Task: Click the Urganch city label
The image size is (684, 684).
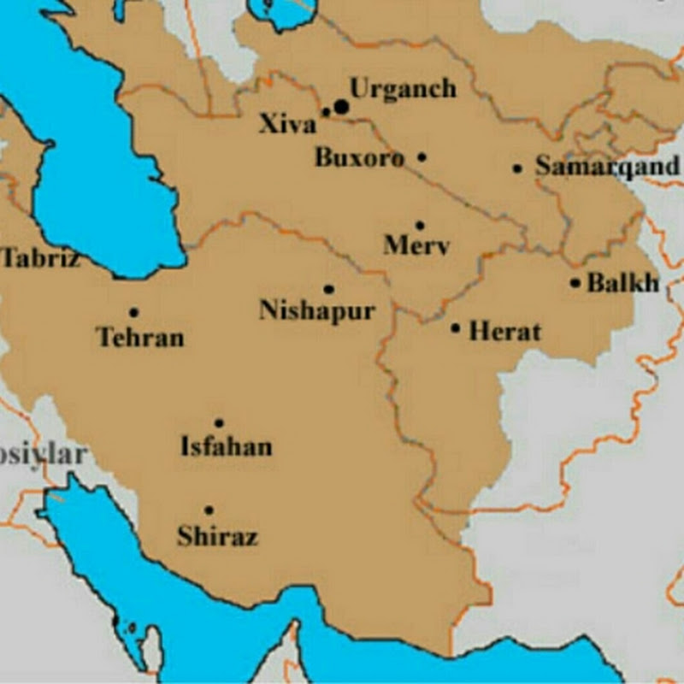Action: pyautogui.click(x=403, y=89)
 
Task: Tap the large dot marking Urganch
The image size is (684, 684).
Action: pyautogui.click(x=342, y=106)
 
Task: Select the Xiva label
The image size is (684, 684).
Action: pyautogui.click(x=286, y=126)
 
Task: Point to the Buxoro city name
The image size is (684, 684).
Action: pyautogui.click(x=359, y=158)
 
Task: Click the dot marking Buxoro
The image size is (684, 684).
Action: pyautogui.click(x=422, y=157)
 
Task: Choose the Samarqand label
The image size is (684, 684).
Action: pyautogui.click(x=608, y=166)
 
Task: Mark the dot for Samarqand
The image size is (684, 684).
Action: pyautogui.click(x=517, y=168)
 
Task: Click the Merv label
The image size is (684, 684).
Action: pyautogui.click(x=416, y=246)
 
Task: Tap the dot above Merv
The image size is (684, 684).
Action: pyautogui.click(x=419, y=225)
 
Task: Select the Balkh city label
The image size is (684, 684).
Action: pyautogui.click(x=623, y=283)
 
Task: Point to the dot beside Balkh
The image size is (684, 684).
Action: pyautogui.click(x=575, y=283)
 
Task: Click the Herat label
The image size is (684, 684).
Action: pyautogui.click(x=504, y=331)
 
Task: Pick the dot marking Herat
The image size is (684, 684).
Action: pyautogui.click(x=456, y=327)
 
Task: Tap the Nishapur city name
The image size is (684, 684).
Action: pyautogui.click(x=317, y=310)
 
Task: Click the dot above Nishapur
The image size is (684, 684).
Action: pyautogui.click(x=328, y=289)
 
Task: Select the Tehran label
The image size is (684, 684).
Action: pyautogui.click(x=141, y=337)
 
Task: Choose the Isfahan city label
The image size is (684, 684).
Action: pyautogui.click(x=227, y=446)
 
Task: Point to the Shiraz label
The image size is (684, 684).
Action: pyautogui.click(x=217, y=537)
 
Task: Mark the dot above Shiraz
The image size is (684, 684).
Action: pyautogui.click(x=209, y=510)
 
